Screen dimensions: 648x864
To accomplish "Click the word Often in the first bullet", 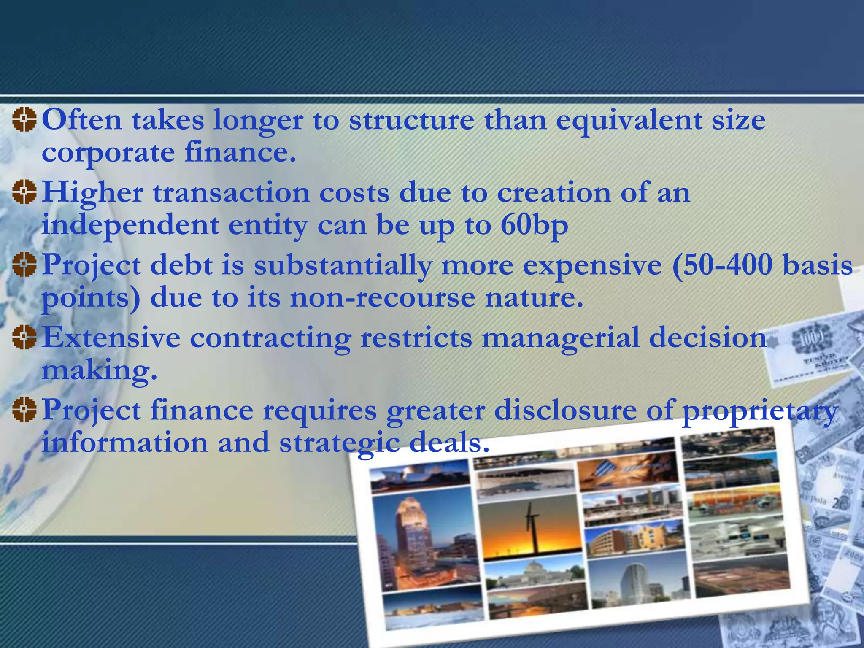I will tap(82, 120).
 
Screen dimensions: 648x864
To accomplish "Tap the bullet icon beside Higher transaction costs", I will tap(24, 192).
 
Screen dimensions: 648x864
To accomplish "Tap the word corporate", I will tap(108, 153).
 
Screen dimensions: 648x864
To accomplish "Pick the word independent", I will tap(130, 226).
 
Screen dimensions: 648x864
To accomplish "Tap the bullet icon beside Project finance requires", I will tap(24, 410).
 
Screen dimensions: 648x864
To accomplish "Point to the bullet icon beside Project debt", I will tap(24, 265).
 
